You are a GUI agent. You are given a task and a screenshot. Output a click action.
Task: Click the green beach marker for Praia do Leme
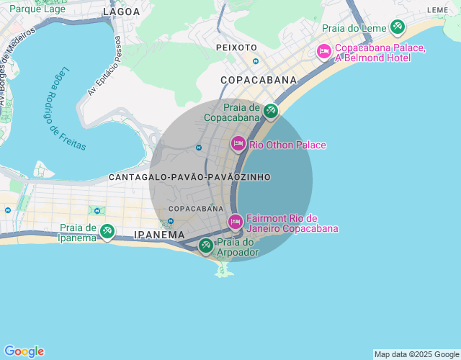click(397, 27)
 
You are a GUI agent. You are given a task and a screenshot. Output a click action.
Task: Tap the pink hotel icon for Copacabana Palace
click(324, 51)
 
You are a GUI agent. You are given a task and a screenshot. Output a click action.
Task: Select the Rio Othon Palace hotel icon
click(238, 144)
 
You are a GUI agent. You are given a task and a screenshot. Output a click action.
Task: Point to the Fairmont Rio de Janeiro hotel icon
click(235, 222)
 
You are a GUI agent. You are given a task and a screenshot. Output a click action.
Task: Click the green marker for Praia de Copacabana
click(270, 111)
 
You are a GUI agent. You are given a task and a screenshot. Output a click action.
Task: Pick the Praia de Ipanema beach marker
click(107, 231)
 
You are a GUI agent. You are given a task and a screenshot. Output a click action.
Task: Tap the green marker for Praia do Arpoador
click(206, 246)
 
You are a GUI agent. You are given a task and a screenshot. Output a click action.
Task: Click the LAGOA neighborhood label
click(122, 12)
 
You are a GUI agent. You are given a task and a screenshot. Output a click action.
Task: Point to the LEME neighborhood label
click(437, 10)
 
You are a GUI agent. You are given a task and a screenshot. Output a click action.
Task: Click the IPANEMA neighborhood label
click(159, 235)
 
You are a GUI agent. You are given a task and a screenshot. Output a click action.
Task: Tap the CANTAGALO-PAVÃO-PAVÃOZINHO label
click(189, 176)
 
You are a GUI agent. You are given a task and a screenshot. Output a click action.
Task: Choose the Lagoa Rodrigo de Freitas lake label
click(63, 108)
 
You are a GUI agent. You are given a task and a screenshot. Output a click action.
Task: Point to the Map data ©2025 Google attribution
click(416, 354)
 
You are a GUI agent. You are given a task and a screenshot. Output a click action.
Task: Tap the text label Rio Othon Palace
click(287, 145)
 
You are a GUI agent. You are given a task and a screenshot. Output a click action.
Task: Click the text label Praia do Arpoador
click(238, 248)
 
